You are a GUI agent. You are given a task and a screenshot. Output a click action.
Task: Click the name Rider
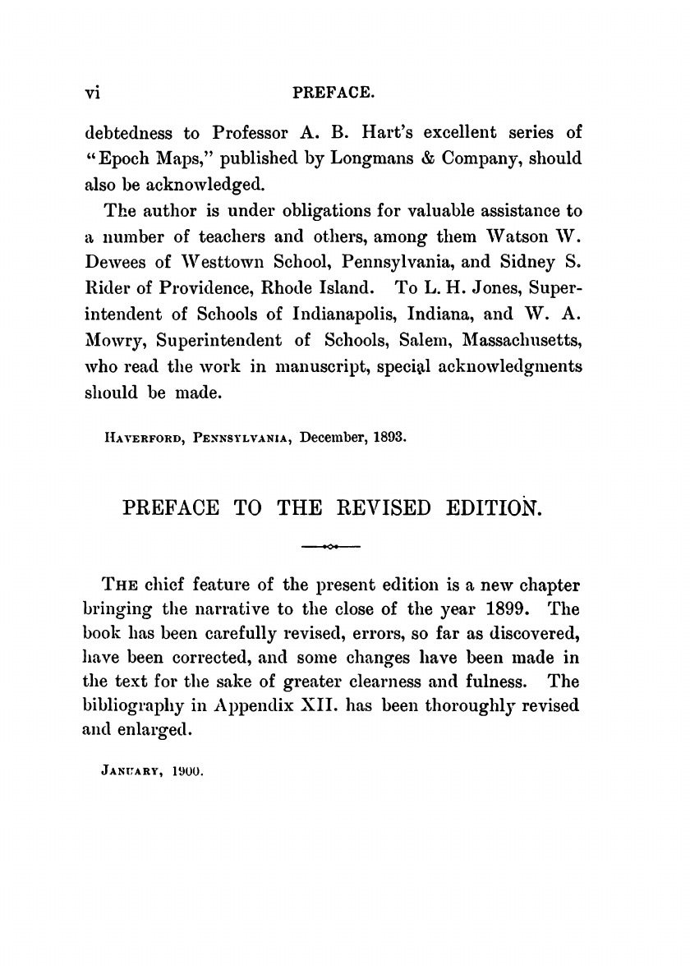coord(108,267)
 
